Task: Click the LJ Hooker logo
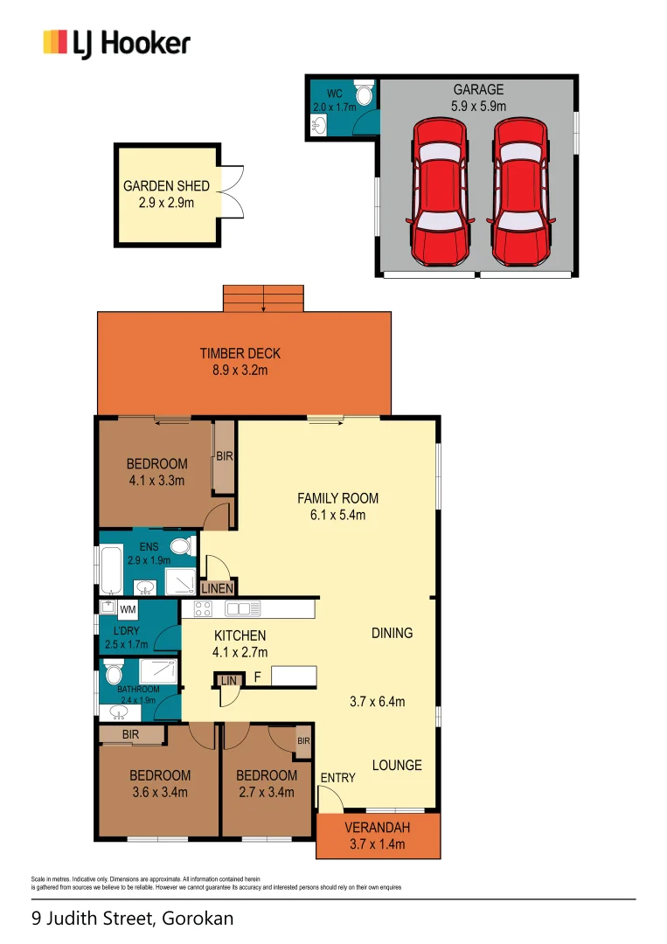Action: point(116,43)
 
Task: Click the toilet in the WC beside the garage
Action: point(365,93)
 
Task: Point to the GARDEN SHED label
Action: point(166,186)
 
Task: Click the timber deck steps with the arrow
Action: point(263,298)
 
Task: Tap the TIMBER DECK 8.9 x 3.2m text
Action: point(240,362)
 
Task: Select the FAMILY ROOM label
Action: point(337,498)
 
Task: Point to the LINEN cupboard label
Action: point(218,588)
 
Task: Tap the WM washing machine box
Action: point(127,608)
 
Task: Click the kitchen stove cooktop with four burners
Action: point(204,609)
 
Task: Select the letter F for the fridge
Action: point(257,677)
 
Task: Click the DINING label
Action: point(391,633)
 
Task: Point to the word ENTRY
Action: point(337,778)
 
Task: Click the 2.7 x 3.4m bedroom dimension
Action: point(266,793)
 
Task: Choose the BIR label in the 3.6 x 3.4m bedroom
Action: point(133,735)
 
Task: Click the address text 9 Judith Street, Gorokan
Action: point(132,919)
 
